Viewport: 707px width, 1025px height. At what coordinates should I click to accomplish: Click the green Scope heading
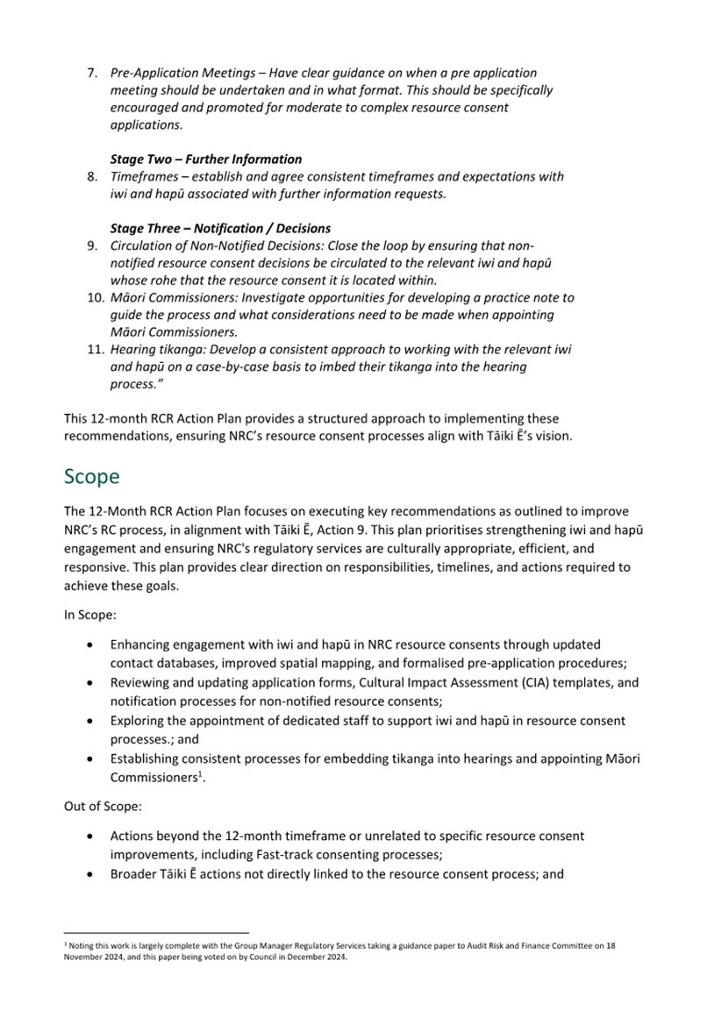pos(92,477)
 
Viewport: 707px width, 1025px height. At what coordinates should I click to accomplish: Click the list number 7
pos(91,73)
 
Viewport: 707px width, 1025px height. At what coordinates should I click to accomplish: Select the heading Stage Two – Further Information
pos(205,160)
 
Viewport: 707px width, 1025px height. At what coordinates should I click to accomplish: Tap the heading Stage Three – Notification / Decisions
pos(219,229)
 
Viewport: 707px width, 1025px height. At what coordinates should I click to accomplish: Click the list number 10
pos(95,298)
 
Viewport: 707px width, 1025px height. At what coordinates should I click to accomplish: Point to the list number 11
pos(95,349)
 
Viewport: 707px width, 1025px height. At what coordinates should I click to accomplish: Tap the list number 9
pos(91,246)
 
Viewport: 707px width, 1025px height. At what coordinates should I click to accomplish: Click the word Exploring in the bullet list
pos(139,721)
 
